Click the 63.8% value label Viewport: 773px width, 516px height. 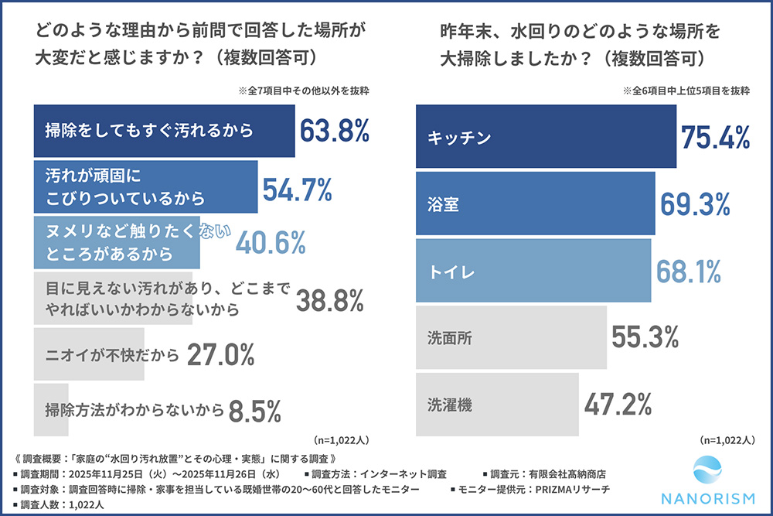click(x=334, y=131)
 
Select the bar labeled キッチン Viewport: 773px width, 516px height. click(x=546, y=137)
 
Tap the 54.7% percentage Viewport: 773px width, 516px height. click(x=297, y=187)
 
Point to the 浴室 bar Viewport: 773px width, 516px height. click(x=535, y=204)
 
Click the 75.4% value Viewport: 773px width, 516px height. click(x=716, y=137)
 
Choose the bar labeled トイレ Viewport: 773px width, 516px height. click(x=533, y=271)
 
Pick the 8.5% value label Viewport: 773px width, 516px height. click(x=255, y=411)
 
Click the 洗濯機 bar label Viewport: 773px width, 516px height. click(x=449, y=404)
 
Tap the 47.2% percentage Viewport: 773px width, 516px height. click(x=618, y=404)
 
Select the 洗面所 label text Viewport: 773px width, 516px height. click(x=449, y=337)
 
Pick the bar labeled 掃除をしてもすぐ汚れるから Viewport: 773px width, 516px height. click(x=164, y=131)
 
